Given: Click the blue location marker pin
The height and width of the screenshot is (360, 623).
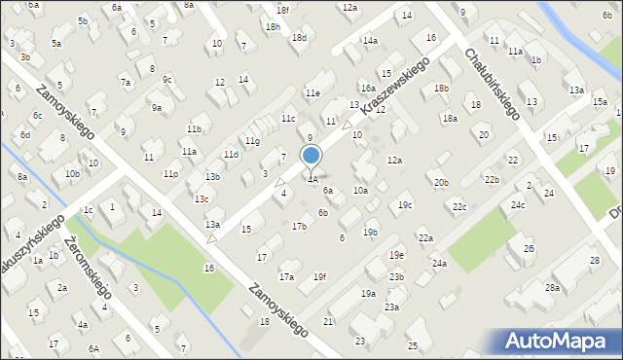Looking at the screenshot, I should click(311, 157).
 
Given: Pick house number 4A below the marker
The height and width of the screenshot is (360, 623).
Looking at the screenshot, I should click(312, 180).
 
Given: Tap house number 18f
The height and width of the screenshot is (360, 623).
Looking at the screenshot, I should click(282, 10).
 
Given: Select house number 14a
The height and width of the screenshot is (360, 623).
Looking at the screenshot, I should click(370, 41).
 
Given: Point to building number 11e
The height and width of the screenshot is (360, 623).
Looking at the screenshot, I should click(311, 92).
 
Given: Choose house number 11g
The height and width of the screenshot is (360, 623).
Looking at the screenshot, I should click(252, 141).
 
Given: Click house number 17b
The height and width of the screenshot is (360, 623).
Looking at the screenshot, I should click(299, 226).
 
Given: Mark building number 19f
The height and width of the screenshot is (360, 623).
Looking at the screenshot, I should click(319, 276).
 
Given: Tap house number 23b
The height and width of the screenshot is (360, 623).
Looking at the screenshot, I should click(396, 277).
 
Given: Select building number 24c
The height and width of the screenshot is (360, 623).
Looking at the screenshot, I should click(518, 204).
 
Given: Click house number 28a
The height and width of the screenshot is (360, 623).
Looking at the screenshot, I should click(552, 288).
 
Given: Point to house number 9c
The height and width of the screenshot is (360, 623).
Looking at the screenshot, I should click(167, 80).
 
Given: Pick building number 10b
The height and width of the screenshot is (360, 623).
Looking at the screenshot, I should click(72, 174).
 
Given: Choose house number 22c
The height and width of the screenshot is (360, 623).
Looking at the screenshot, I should click(458, 206).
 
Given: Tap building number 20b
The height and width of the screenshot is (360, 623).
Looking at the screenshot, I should click(441, 182).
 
